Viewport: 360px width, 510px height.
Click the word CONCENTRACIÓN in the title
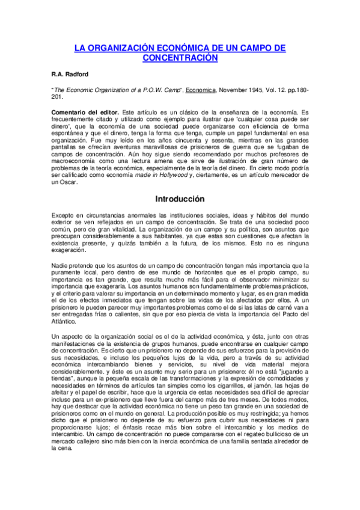[179, 58]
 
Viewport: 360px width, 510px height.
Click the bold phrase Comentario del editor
[85, 113]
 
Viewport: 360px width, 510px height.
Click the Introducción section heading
[180, 199]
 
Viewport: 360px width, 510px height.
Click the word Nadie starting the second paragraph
[61, 265]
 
